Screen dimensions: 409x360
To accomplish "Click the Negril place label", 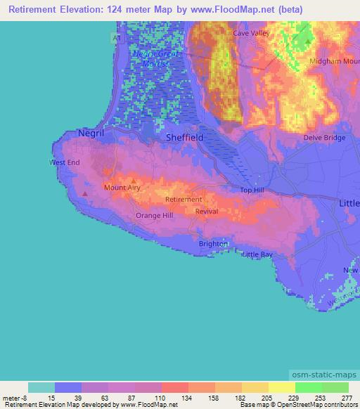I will [91, 132].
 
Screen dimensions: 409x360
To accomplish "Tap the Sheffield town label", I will [185, 138].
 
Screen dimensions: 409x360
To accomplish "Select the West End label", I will [65, 162].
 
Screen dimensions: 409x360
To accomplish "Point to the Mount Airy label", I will [124, 188].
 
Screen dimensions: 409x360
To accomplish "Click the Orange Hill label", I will [154, 216].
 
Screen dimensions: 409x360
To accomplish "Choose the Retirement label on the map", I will [183, 200].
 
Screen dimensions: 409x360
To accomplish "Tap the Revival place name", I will [207, 212].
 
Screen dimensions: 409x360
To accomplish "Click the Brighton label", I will [213, 244].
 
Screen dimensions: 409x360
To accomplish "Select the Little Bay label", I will [257, 254].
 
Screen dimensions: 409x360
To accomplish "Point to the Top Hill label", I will [252, 190].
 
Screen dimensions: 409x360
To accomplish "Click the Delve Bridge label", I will [324, 138].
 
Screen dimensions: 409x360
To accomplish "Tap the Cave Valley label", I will [251, 33].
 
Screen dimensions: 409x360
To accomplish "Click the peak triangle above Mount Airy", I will [133, 180].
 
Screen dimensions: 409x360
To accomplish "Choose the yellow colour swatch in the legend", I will [281, 387].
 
